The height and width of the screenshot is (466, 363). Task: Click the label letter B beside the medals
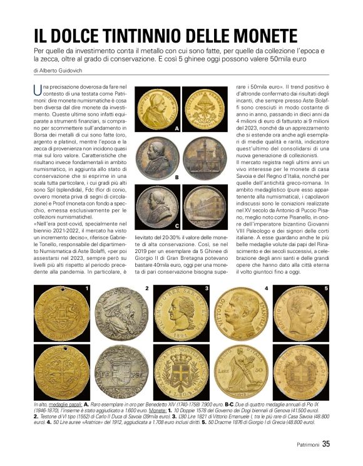click(177, 177)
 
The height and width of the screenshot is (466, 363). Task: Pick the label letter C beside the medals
click(177, 225)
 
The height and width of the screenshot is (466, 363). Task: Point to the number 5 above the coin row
click(325, 288)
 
